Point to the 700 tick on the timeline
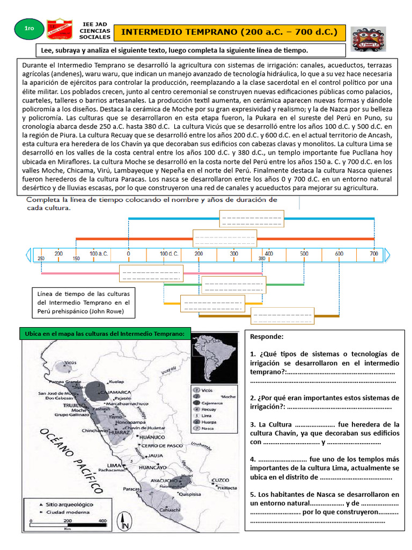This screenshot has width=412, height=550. point(374,253)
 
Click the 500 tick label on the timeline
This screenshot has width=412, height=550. point(304,253)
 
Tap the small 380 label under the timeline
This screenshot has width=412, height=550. point(262,258)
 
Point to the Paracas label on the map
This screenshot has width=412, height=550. point(131,489)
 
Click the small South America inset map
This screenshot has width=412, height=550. point(215,357)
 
